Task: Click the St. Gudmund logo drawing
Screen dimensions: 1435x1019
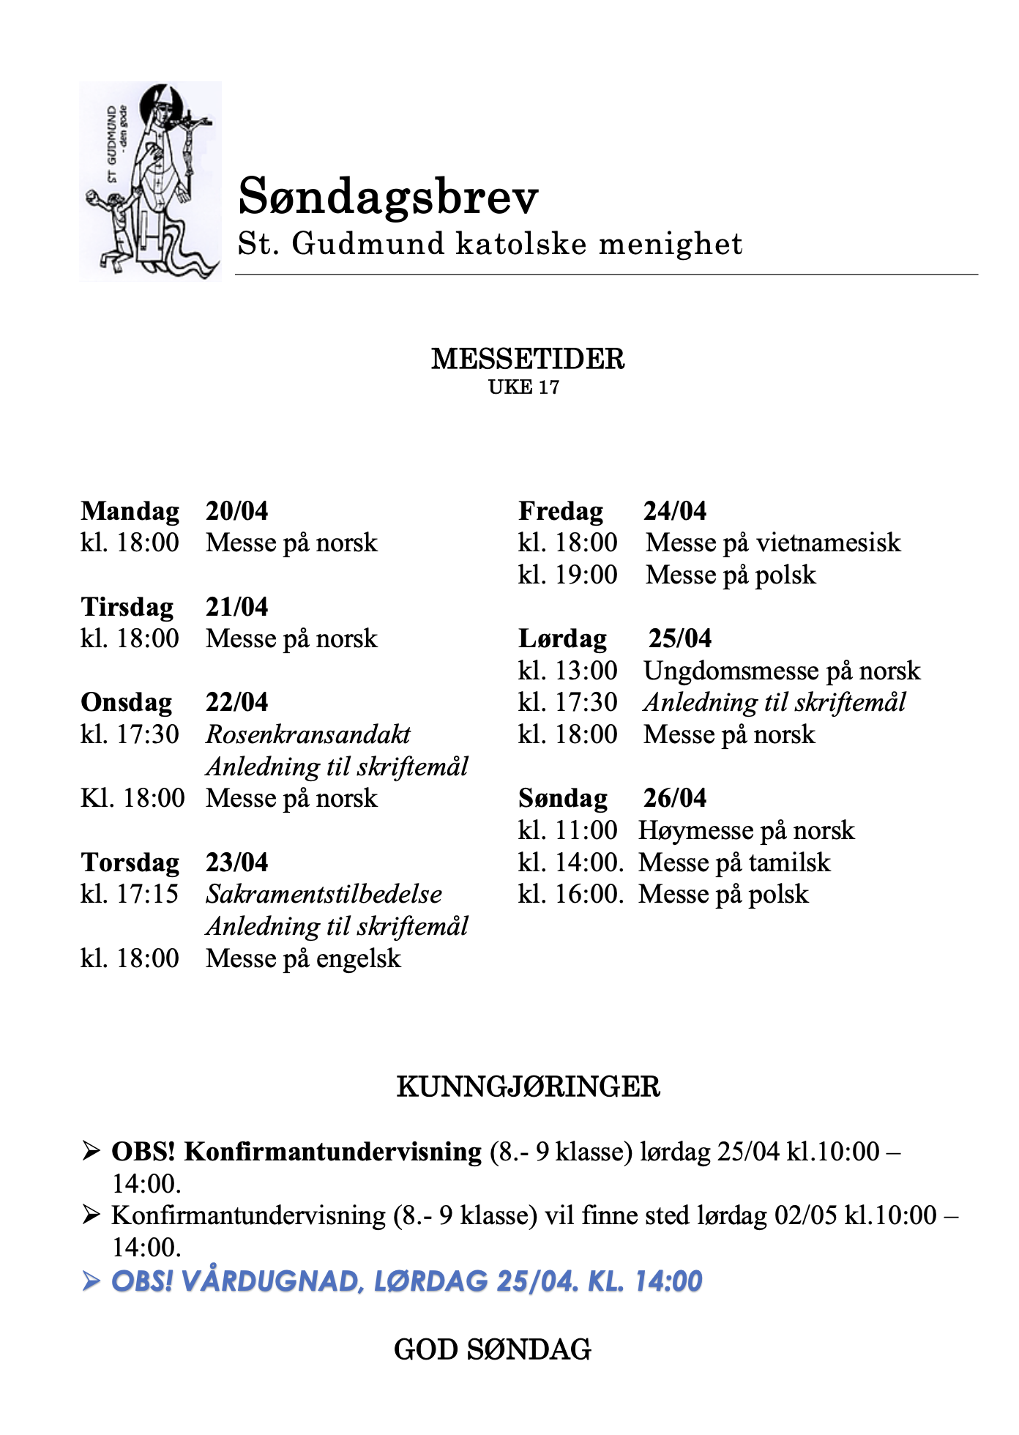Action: (x=150, y=182)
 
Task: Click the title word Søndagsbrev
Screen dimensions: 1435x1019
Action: (x=388, y=196)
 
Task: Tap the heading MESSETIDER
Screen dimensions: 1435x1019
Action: (x=527, y=359)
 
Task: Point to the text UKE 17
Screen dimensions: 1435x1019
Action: (x=523, y=387)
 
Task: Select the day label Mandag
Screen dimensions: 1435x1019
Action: (x=130, y=511)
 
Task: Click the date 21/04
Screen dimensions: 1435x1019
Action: (x=236, y=607)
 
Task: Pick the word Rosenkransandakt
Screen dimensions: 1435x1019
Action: (x=308, y=734)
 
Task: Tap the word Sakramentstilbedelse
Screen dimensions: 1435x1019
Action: (x=324, y=894)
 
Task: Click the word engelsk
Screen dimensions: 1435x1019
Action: (x=359, y=958)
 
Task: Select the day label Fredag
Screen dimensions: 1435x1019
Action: (x=561, y=511)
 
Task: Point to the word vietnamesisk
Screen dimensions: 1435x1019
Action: (x=828, y=543)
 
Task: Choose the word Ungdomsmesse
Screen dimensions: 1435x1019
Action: (x=734, y=671)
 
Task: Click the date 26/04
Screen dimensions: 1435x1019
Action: (x=674, y=798)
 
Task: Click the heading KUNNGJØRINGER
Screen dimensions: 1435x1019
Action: (x=528, y=1086)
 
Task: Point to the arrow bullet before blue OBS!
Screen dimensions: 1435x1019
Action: (x=91, y=1281)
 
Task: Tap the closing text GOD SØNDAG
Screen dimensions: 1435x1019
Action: (x=492, y=1349)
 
